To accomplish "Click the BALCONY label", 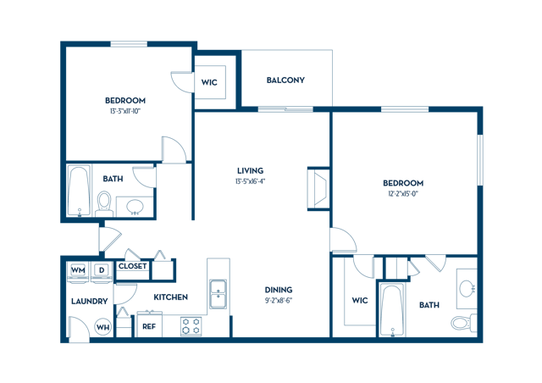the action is [285, 80].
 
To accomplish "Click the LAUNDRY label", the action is [89, 301].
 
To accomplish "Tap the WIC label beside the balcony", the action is [210, 83].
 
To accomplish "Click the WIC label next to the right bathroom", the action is [360, 300].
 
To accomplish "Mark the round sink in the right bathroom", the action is [467, 289].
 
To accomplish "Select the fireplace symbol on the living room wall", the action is [318, 188].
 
